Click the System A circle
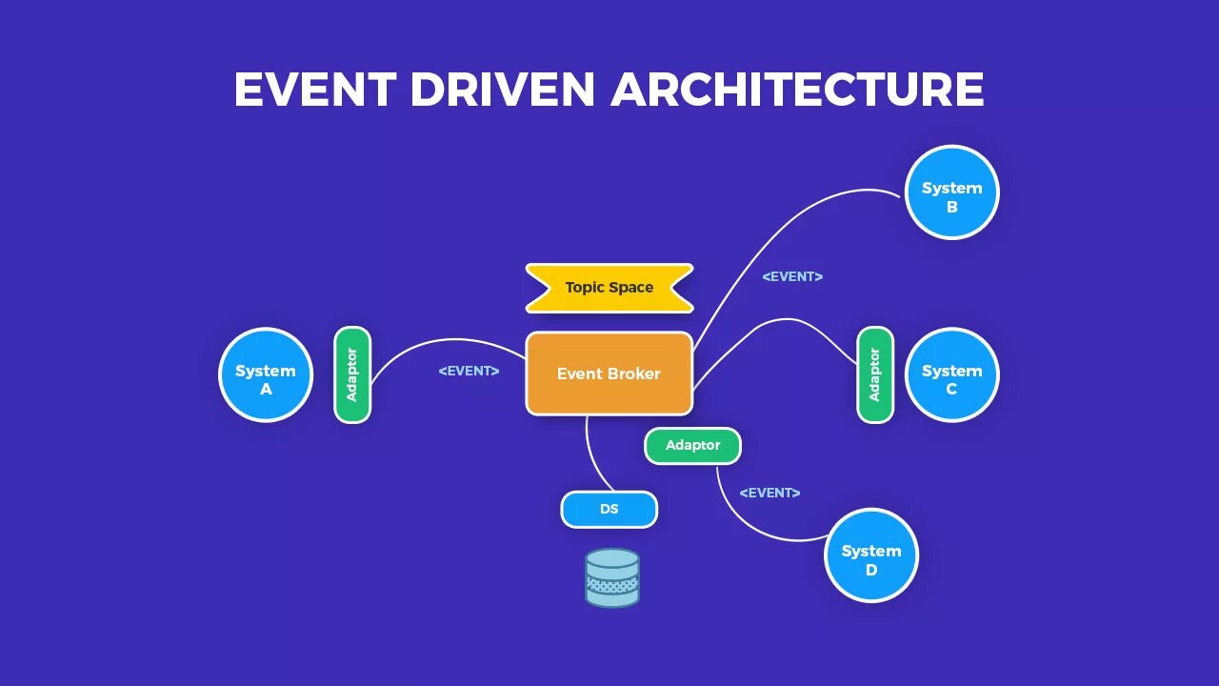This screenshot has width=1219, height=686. click(266, 374)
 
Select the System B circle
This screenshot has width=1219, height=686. click(951, 192)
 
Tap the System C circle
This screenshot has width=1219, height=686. click(951, 374)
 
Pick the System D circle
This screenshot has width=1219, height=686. click(870, 555)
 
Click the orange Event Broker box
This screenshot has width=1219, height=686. click(609, 373)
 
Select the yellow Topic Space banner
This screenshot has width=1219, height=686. click(609, 288)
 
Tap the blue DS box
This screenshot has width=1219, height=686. click(609, 509)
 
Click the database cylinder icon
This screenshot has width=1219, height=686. click(611, 577)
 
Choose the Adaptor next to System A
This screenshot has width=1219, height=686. click(351, 374)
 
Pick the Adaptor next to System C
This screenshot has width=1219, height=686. click(874, 374)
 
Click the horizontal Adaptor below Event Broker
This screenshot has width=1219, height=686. click(692, 445)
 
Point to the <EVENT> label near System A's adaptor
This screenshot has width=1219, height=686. click(469, 371)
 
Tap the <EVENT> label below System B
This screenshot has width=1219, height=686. click(792, 276)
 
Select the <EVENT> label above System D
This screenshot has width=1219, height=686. click(769, 493)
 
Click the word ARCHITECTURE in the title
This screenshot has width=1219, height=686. click(797, 90)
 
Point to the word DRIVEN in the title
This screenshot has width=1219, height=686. click(503, 90)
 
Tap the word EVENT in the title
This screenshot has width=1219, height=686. click(314, 90)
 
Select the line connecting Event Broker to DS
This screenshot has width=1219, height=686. click(592, 457)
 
